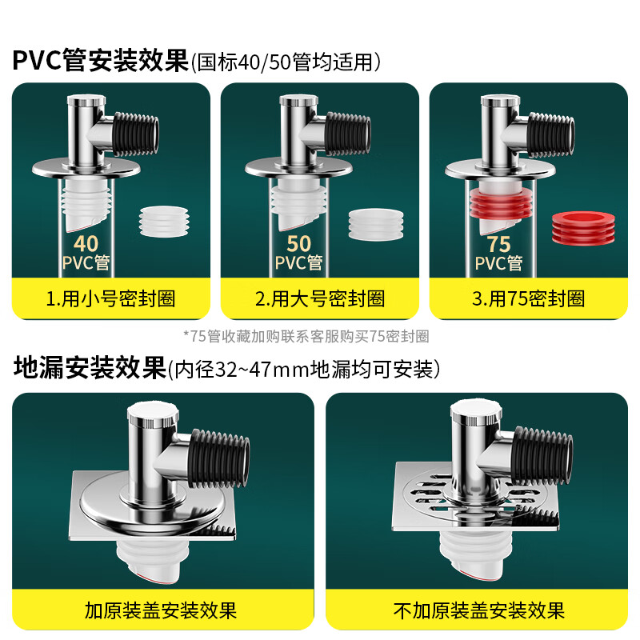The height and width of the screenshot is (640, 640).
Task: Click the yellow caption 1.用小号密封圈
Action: pos(110,298)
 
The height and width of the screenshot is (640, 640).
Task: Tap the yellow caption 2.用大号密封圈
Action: pos(320,298)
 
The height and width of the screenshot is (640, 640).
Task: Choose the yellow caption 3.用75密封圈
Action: pos(528,298)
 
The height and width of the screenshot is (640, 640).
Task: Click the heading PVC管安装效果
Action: pos(99,60)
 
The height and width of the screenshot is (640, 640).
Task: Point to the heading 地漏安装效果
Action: pos(89,369)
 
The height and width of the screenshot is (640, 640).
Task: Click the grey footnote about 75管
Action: pos(306,336)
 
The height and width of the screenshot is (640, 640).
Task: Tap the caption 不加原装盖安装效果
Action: pos(479,611)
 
